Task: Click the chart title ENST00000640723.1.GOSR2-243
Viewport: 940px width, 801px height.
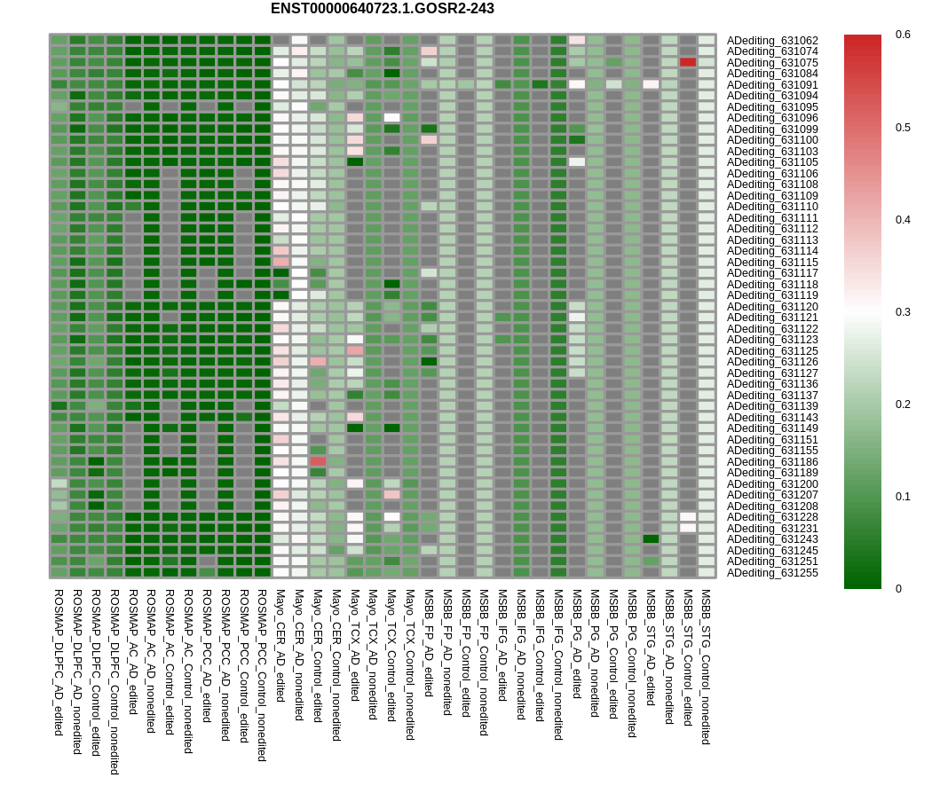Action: (x=382, y=9)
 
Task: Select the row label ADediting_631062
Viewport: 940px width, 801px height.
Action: (x=772, y=40)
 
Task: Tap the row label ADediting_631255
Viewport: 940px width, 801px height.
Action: (x=772, y=572)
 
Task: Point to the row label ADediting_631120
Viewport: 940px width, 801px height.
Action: (x=772, y=306)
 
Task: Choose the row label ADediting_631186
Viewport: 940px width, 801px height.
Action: (x=772, y=461)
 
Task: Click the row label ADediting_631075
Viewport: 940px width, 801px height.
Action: (x=772, y=62)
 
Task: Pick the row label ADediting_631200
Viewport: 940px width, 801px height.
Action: (x=772, y=483)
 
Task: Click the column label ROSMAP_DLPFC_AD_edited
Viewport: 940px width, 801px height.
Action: (x=59, y=662)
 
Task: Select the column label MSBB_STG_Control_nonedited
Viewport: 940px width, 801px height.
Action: (x=706, y=666)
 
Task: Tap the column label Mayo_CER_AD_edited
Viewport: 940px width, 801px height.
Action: (x=280, y=645)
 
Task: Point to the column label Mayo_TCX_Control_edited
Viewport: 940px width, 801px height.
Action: (x=391, y=655)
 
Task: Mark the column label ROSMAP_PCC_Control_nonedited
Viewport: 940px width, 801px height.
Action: (x=262, y=675)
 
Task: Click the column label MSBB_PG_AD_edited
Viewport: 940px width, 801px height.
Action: (x=577, y=643)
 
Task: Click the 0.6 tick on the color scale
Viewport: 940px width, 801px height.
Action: (x=902, y=35)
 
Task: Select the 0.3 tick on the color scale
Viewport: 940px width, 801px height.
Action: (x=902, y=312)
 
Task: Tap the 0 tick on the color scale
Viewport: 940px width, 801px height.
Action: (x=898, y=589)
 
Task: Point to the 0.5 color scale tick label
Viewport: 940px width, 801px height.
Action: (x=902, y=127)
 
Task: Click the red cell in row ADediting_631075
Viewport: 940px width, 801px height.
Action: (x=688, y=62)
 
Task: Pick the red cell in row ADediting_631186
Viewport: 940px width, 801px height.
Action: (x=318, y=461)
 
